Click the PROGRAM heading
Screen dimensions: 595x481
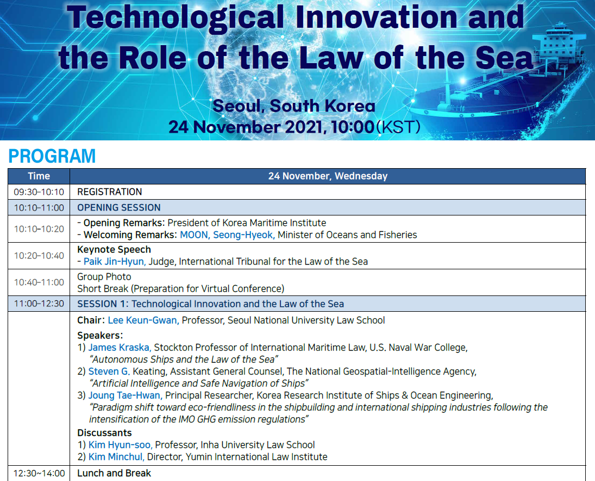click(52, 156)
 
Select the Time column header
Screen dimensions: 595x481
click(39, 176)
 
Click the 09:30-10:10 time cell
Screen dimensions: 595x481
click(39, 192)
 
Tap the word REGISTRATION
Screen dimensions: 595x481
click(110, 192)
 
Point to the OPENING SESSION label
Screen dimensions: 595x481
click(119, 207)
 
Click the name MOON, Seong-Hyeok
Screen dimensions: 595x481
click(227, 235)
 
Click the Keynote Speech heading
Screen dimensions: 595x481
click(114, 249)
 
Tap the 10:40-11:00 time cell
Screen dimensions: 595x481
click(39, 282)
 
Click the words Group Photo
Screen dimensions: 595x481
click(104, 276)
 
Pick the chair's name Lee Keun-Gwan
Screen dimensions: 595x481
click(143, 320)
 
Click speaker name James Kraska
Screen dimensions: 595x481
click(120, 347)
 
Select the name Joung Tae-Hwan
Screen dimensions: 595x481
click(125, 395)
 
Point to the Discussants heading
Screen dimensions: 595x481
click(104, 433)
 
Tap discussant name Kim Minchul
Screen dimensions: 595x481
click(116, 457)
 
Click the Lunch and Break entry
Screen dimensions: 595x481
click(114, 473)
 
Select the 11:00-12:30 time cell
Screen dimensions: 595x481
click(39, 304)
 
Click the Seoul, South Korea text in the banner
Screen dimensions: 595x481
click(294, 106)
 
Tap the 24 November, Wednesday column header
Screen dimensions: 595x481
click(328, 176)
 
